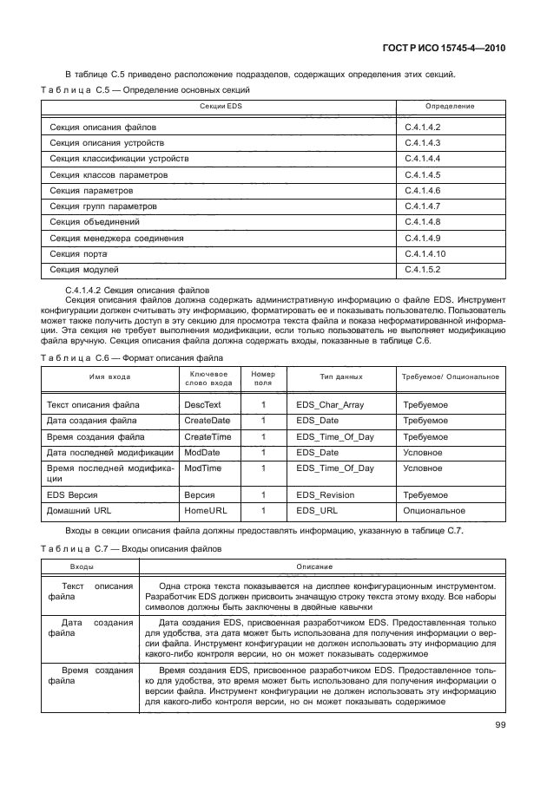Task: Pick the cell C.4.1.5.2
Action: click(424, 270)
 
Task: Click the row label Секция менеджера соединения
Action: click(115, 238)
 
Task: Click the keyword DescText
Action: click(202, 405)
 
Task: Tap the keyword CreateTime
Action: click(208, 436)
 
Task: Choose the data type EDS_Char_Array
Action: click(334, 405)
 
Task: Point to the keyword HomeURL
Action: click(206, 511)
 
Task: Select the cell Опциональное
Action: click(433, 511)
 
